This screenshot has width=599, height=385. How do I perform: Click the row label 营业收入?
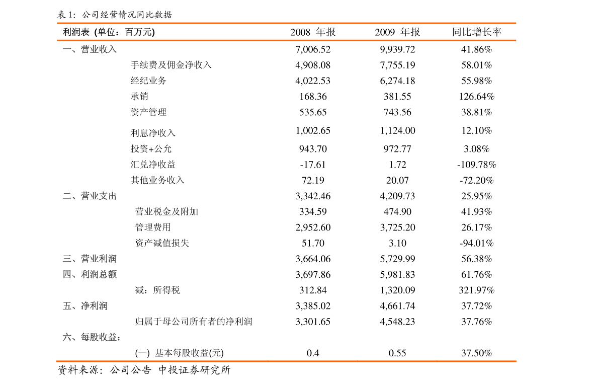pos(99,49)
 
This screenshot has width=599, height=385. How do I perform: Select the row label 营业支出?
pos(99,196)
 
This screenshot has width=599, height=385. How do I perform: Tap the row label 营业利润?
pos(99,259)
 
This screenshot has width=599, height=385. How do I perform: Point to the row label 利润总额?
pos(99,274)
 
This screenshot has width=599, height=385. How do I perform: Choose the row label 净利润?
pos(94,306)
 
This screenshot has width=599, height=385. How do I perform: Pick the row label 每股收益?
pos(99,337)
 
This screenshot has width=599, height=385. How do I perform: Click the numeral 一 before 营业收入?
pos(67,49)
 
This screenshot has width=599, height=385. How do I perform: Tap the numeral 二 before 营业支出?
pos(67,196)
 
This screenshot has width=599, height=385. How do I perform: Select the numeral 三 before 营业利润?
pos(67,259)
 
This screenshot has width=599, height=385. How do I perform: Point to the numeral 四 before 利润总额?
pos(67,274)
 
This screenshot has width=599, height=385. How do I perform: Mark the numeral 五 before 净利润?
pos(67,306)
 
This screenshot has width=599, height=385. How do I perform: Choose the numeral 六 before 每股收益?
pos(67,337)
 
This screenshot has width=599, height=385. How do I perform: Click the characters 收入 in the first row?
pos(108,49)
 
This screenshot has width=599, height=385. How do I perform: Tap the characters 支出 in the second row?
pos(108,196)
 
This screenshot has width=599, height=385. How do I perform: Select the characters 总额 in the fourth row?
pos(108,274)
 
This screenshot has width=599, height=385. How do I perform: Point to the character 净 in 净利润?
pos(85,306)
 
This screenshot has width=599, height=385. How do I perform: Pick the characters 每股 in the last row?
pos(90,337)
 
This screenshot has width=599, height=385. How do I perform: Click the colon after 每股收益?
pos(119,338)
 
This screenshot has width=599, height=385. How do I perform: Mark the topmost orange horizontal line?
pos(287,23)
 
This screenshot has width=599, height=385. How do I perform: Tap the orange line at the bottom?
pos(287,361)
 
